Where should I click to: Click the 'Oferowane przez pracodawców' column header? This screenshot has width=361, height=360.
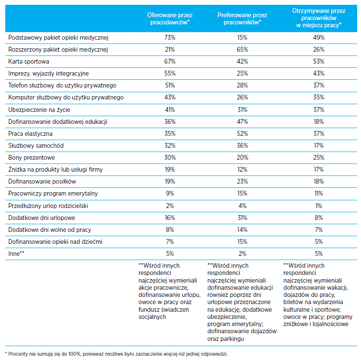(170, 19)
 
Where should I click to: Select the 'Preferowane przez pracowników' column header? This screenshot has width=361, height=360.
(242, 19)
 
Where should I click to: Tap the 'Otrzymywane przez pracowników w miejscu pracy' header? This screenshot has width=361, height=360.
(318, 18)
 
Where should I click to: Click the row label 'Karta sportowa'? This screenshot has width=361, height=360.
(29, 62)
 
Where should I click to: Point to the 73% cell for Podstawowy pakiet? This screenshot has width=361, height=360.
(170, 37)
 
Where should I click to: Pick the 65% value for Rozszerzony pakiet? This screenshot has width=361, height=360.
(242, 50)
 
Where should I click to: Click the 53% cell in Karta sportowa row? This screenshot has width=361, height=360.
(318, 62)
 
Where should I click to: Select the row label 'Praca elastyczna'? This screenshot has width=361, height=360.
(31, 134)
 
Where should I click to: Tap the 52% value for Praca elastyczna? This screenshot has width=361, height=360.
(242, 134)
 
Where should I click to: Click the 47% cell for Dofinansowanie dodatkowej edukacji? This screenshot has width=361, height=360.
(242, 122)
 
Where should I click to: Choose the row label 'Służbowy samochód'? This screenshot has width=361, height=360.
(36, 146)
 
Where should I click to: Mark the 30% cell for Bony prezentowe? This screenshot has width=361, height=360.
(170, 158)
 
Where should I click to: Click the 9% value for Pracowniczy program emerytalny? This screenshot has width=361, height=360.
(170, 193)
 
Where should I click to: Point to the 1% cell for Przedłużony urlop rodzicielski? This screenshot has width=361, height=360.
(318, 206)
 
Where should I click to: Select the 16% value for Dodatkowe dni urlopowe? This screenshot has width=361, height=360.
(170, 218)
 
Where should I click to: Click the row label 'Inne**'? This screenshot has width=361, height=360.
(16, 254)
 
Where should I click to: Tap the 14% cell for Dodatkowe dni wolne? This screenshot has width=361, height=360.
(242, 229)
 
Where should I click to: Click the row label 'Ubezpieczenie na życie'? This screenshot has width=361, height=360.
(39, 110)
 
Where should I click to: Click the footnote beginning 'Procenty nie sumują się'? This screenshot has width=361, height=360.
(116, 354)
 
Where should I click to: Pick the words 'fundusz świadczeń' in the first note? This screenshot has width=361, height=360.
(164, 310)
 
